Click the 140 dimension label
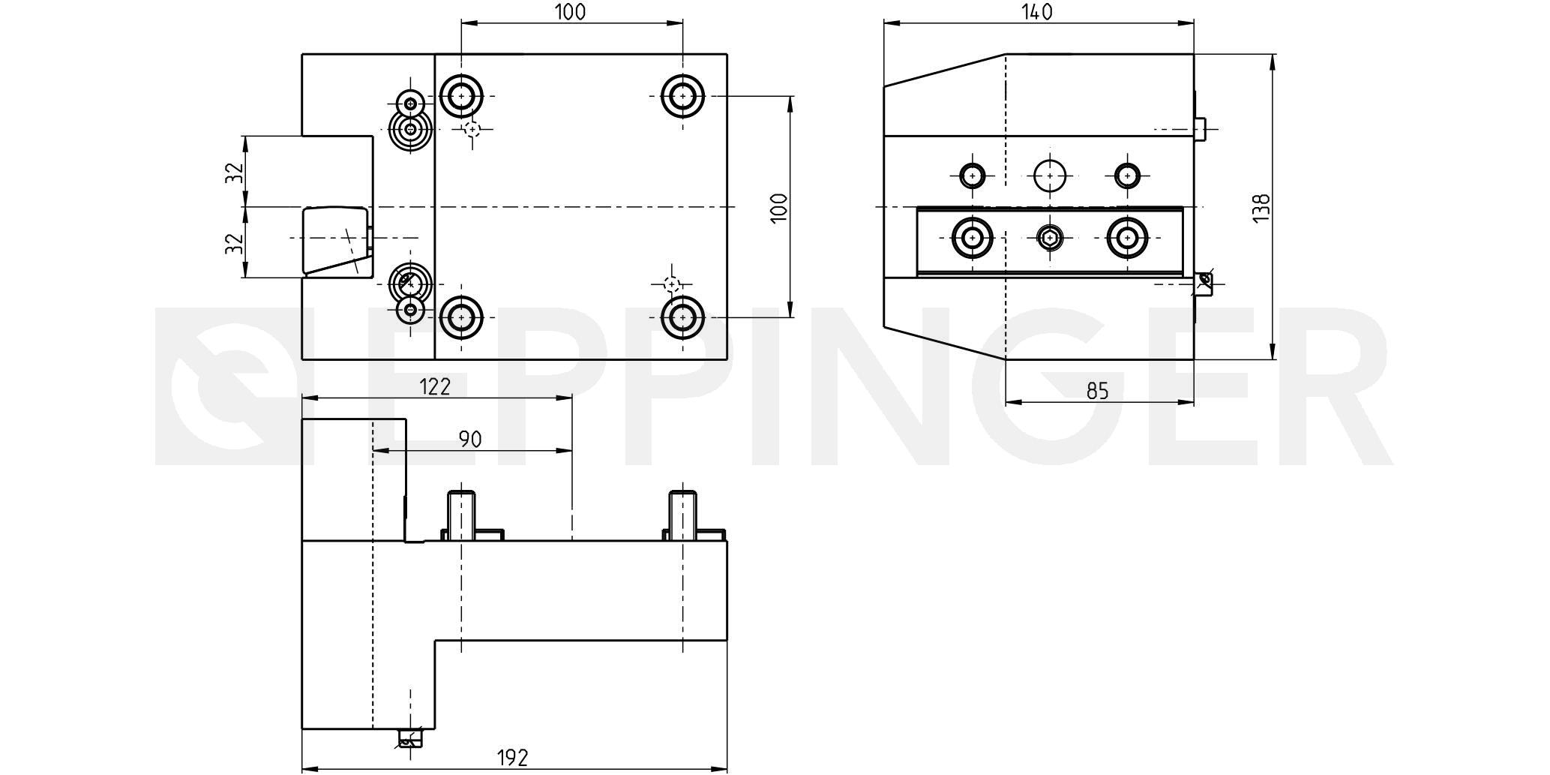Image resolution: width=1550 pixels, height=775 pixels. (1037, 12)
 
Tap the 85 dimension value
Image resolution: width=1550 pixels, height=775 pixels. (1097, 391)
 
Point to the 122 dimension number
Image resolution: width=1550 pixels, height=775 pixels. (435, 386)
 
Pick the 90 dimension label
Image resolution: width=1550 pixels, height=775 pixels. (470, 440)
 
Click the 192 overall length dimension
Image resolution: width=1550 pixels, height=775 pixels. (513, 758)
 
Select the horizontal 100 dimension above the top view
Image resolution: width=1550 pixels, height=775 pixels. (570, 12)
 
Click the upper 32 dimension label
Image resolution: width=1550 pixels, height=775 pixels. (235, 172)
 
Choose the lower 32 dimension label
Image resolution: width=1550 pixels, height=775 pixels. (235, 242)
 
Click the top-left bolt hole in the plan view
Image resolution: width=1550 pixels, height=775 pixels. (461, 96)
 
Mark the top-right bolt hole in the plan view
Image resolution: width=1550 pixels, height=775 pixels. (682, 96)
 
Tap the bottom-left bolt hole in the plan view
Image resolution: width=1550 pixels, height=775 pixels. (461, 317)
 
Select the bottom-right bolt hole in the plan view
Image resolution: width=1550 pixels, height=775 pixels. (682, 317)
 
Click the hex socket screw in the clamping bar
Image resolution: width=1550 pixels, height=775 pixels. (1050, 239)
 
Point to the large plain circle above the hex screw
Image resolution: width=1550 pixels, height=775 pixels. (1050, 176)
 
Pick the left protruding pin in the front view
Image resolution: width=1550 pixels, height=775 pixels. (461, 514)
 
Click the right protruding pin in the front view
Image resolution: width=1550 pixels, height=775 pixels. (682, 514)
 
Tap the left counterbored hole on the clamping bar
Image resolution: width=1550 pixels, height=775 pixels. (973, 239)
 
